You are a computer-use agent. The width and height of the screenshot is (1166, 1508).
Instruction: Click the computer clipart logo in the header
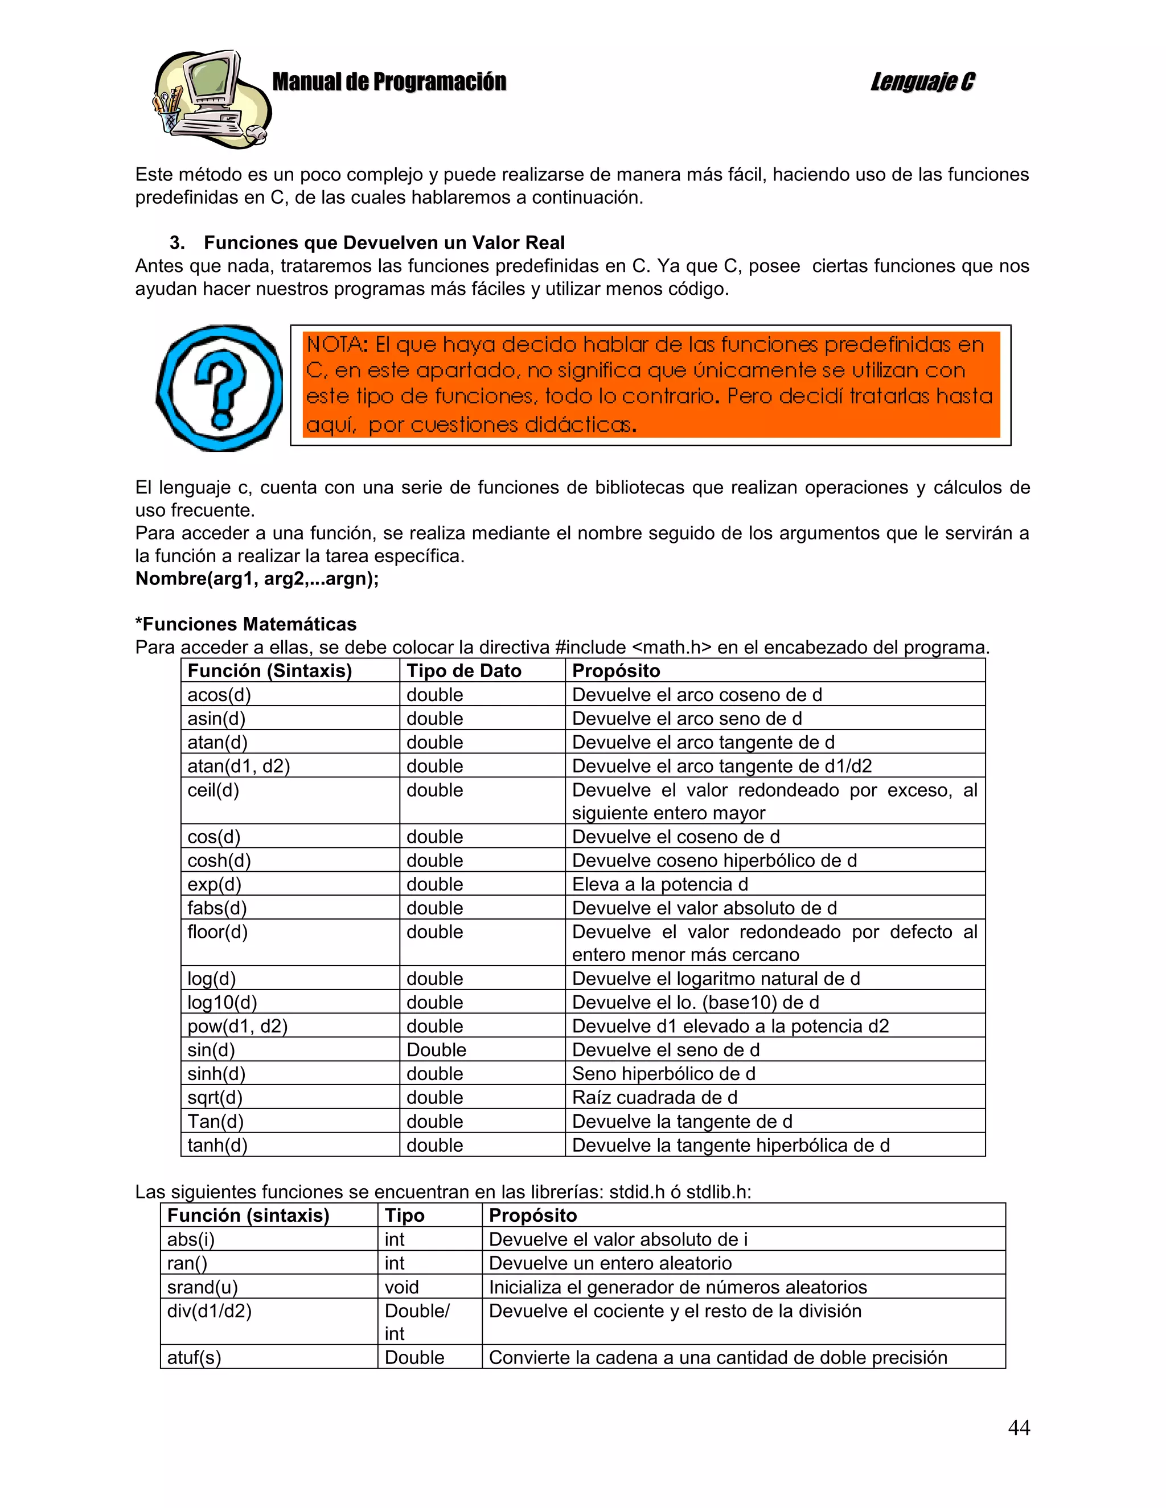(211, 99)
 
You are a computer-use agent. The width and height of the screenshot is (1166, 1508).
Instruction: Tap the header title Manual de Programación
(389, 81)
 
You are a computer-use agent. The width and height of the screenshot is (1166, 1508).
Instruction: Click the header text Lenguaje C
(922, 81)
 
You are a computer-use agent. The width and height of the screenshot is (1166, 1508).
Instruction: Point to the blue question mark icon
(219, 388)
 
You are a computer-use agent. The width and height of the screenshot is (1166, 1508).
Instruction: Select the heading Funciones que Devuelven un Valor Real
(384, 242)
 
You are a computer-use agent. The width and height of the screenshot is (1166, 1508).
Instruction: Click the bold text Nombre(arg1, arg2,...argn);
(257, 578)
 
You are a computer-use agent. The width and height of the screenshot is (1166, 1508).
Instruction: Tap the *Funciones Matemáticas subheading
(246, 624)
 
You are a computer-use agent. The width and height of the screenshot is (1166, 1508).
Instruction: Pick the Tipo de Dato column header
(463, 670)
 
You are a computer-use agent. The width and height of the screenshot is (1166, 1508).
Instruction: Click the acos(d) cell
(219, 695)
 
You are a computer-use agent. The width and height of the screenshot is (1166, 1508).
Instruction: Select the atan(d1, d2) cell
(239, 766)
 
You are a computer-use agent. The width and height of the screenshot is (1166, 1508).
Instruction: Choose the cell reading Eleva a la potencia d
(660, 884)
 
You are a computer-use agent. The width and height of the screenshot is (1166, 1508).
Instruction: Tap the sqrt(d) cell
(215, 1097)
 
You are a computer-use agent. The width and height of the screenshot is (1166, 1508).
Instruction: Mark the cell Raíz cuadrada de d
(654, 1097)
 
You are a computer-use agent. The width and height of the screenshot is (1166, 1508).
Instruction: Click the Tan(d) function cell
(216, 1122)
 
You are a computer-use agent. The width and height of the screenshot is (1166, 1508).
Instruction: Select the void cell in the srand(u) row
(401, 1287)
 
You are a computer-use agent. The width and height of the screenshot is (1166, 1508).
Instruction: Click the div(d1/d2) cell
(210, 1311)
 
